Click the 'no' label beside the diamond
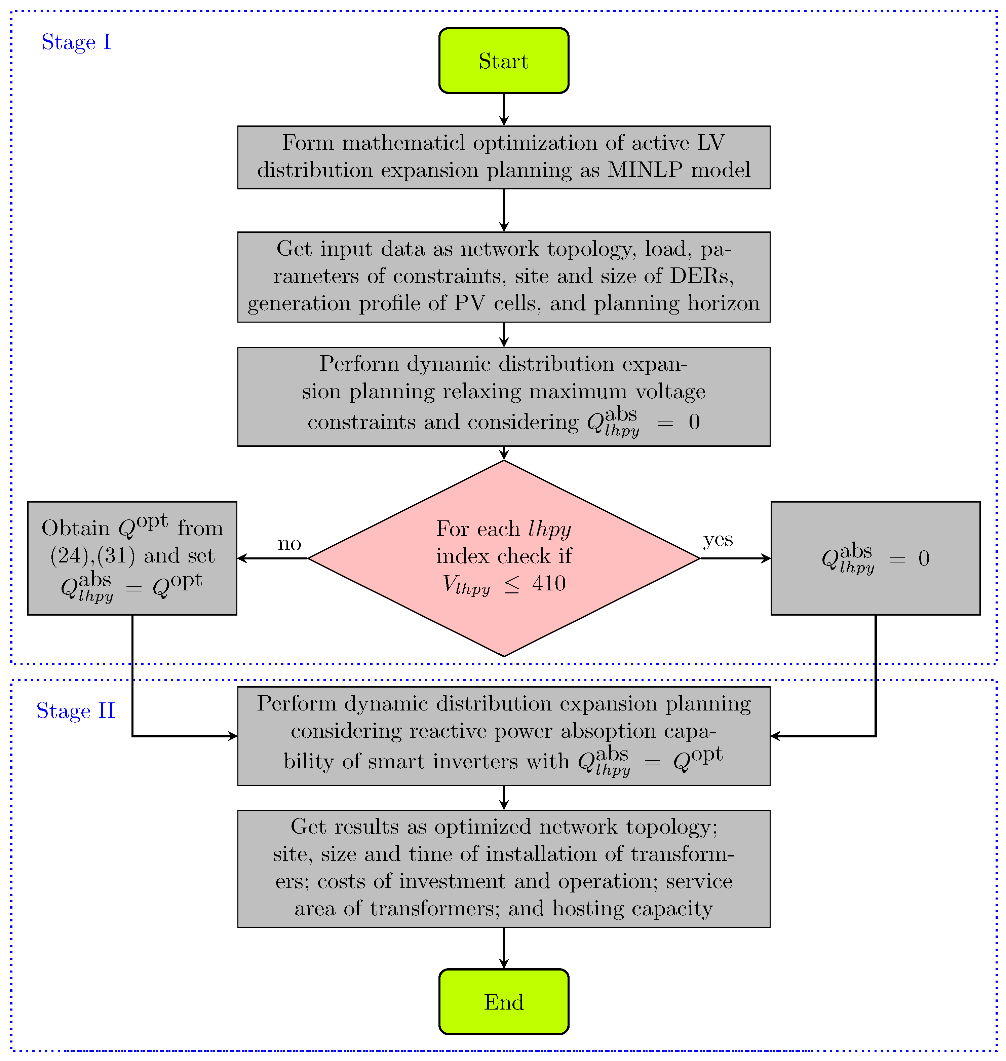pos(289,543)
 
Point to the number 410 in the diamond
pos(549,583)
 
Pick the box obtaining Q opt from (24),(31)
pos(132,558)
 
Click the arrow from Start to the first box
pos(504,109)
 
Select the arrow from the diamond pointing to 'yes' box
pos(735,558)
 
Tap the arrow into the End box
pos(504,948)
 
